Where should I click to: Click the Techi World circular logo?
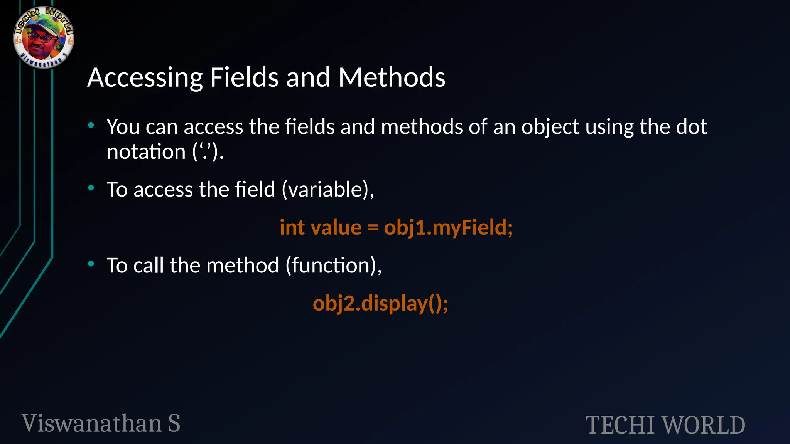(x=44, y=37)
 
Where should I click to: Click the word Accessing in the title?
(x=145, y=78)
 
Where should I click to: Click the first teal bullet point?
(x=91, y=125)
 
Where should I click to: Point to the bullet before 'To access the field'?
(x=91, y=188)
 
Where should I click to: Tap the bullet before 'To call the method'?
(x=91, y=264)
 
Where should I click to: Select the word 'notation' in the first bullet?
(x=146, y=151)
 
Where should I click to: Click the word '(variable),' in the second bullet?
(x=328, y=190)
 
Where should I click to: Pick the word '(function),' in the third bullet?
(x=334, y=266)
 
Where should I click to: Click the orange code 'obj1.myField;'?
(x=448, y=227)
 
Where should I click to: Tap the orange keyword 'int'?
(x=292, y=227)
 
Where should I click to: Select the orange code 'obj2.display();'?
(x=380, y=304)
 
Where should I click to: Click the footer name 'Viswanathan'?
(x=92, y=423)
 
